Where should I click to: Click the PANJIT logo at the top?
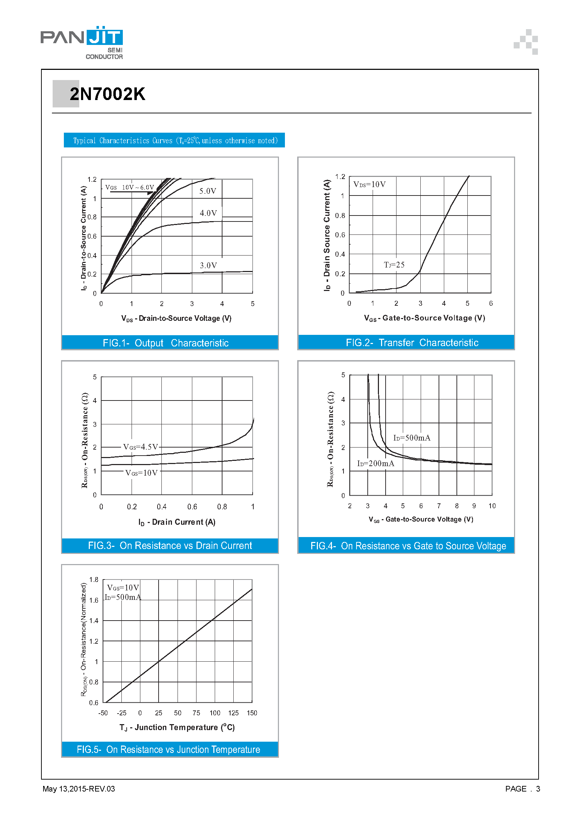(x=81, y=42)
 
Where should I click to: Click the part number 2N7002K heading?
(x=107, y=94)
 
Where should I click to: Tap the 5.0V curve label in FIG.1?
(x=208, y=191)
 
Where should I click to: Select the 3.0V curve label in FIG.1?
(x=208, y=265)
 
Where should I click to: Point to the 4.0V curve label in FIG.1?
(x=208, y=213)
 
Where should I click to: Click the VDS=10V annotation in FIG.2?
(x=369, y=185)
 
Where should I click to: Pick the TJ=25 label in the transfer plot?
(x=394, y=265)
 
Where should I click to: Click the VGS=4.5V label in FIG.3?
(x=140, y=447)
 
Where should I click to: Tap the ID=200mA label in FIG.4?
(x=375, y=464)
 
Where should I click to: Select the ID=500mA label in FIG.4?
(x=412, y=438)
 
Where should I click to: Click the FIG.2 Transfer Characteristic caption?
(x=412, y=343)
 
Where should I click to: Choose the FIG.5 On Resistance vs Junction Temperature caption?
(x=168, y=749)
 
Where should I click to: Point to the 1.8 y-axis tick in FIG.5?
(x=94, y=580)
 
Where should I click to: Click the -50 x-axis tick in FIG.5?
(x=103, y=713)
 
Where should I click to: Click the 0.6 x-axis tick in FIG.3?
(x=192, y=507)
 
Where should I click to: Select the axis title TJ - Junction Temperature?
(x=177, y=727)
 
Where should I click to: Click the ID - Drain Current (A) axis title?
(x=177, y=522)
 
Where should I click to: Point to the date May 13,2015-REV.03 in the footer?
(x=79, y=789)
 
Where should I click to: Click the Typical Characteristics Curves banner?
(x=174, y=140)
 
